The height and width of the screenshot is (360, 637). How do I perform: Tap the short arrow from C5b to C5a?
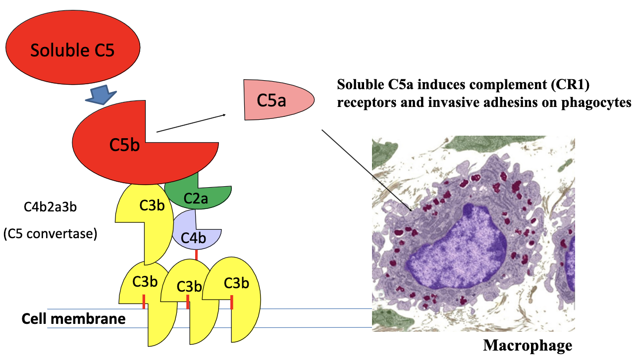click(191, 123)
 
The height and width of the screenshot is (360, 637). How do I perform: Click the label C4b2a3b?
click(50, 206)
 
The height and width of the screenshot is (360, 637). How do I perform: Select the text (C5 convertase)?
click(50, 233)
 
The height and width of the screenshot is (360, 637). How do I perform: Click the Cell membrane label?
click(73, 319)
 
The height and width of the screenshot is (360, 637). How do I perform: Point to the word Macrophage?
click(527, 345)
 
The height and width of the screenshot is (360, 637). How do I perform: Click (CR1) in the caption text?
click(572, 84)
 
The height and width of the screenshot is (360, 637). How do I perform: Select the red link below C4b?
click(197, 255)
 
